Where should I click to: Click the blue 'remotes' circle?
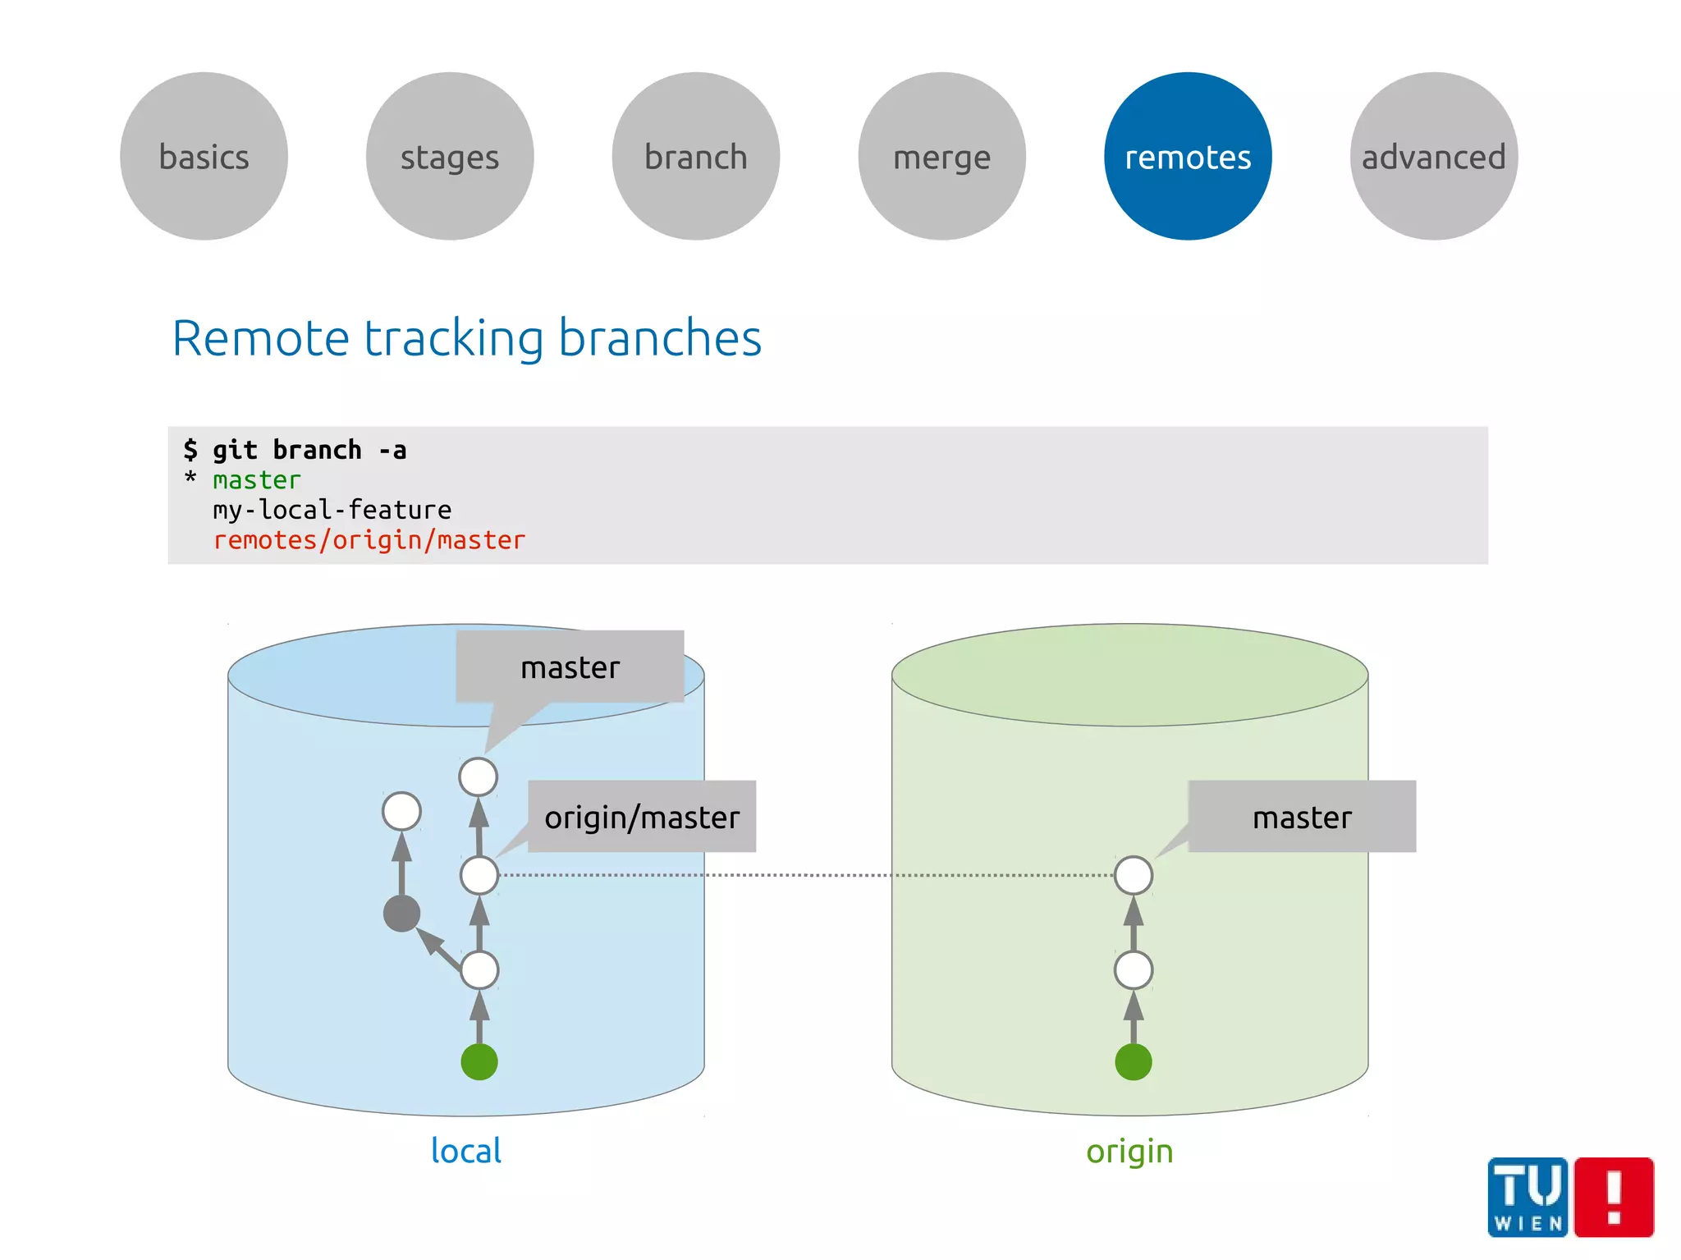[1187, 157]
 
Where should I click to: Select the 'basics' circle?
[204, 157]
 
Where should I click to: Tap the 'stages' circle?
[450, 157]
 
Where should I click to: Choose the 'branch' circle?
[696, 157]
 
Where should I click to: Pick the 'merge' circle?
[941, 157]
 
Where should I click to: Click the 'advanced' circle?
[1433, 157]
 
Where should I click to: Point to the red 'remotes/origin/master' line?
[369, 540]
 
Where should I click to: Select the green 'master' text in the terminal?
[257, 480]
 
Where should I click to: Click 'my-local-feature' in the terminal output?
[332, 510]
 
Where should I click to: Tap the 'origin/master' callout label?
[642, 817]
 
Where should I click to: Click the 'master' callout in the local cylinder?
[570, 667]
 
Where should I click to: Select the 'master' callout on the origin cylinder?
[1302, 817]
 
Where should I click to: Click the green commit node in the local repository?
[479, 1061]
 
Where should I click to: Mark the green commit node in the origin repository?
[1134, 1061]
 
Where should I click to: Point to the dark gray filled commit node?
[401, 914]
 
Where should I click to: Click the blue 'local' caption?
[466, 1151]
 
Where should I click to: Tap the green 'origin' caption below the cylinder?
[1129, 1151]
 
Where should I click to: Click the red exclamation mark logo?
[1614, 1197]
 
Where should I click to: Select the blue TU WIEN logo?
[1528, 1197]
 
